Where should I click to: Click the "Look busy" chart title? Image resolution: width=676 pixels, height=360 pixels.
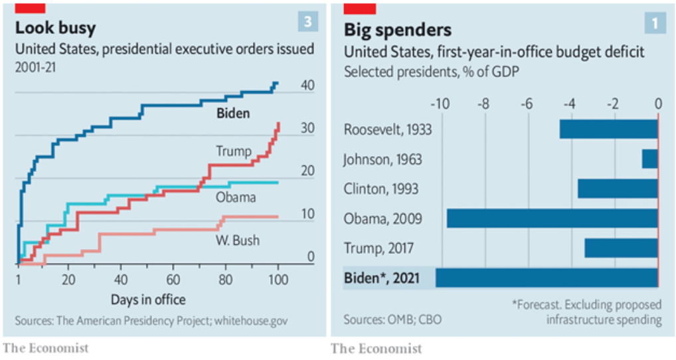(56, 28)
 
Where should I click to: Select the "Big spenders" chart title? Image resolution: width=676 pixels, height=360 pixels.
(397, 30)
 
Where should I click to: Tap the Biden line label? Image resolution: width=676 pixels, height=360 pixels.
(233, 113)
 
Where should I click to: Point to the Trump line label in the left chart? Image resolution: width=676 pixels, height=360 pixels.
(234, 151)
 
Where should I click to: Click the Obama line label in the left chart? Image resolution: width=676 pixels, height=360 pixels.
(236, 197)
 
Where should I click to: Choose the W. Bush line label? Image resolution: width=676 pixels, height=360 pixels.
(237, 240)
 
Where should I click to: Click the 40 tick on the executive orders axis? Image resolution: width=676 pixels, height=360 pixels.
(307, 86)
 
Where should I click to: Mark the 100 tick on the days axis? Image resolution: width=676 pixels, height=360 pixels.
(278, 280)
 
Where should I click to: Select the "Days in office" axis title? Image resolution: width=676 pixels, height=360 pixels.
(148, 299)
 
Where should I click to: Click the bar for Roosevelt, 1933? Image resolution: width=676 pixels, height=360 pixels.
(608, 129)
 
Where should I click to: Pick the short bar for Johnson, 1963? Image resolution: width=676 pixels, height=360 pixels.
(649, 159)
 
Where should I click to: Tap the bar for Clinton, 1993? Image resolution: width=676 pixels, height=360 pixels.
(618, 189)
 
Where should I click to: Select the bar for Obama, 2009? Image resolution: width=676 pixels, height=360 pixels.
(552, 219)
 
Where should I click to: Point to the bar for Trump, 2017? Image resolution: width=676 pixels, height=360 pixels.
(621, 248)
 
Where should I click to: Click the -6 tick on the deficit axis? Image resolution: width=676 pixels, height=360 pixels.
(527, 104)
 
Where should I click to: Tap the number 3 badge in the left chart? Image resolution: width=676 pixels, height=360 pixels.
(307, 22)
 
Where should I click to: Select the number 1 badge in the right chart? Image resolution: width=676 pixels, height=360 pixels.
(655, 24)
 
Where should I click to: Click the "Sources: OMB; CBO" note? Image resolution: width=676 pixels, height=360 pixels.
(392, 319)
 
